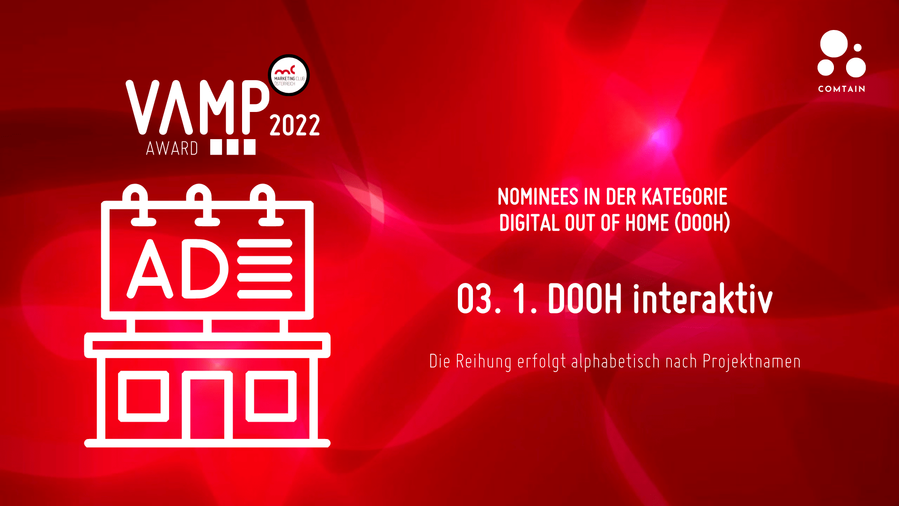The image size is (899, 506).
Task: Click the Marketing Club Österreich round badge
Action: click(x=289, y=75)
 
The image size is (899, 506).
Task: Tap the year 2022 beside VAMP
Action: click(x=295, y=125)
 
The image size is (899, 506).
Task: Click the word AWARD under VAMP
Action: click(x=172, y=149)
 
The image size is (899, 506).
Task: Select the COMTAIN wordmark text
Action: click(x=841, y=89)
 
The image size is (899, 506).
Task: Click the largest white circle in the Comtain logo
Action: click(x=834, y=44)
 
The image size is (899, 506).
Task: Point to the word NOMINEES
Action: click(x=538, y=197)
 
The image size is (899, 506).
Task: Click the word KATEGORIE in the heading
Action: click(x=685, y=197)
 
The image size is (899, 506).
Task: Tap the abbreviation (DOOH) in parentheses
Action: click(x=702, y=223)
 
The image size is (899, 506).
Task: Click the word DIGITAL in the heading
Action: click(x=529, y=223)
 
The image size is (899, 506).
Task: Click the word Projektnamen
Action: click(x=752, y=361)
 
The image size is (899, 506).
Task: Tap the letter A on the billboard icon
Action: click(x=150, y=269)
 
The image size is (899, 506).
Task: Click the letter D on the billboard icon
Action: click(x=205, y=268)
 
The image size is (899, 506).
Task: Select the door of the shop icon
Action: click(x=207, y=405)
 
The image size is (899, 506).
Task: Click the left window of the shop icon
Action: click(x=143, y=396)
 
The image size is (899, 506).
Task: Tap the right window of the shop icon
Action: click(x=271, y=396)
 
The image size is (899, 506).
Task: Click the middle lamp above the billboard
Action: click(x=199, y=205)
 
